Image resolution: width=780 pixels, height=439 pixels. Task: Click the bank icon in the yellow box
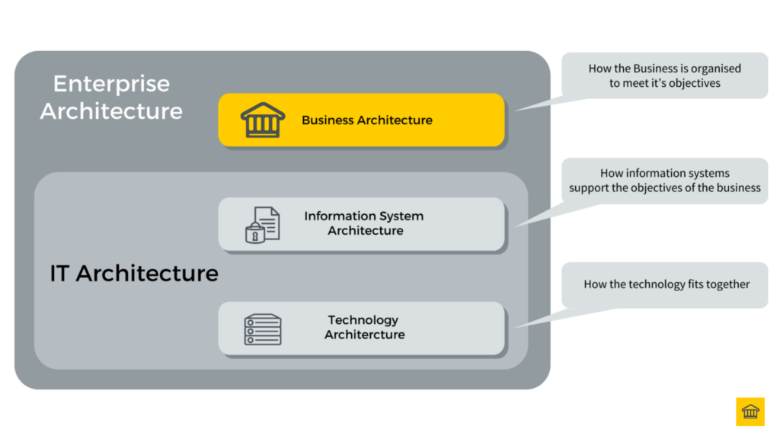pos(262,120)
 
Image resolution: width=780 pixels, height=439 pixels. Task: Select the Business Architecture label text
pos(366,120)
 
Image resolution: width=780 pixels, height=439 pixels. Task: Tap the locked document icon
pos(262,224)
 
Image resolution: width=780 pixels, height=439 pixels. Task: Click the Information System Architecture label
pos(364,223)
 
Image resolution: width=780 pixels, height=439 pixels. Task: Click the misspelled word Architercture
pos(365,335)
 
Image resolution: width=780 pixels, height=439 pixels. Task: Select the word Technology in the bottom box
pos(363,320)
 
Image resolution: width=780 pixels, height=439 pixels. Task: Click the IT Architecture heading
pos(133,274)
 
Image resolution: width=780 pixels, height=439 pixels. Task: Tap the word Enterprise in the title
pos(111,84)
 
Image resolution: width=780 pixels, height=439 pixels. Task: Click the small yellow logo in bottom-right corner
pos(750,412)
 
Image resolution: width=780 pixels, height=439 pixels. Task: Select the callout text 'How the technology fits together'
pos(667,284)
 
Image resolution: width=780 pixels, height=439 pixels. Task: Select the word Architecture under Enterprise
pos(111,111)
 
